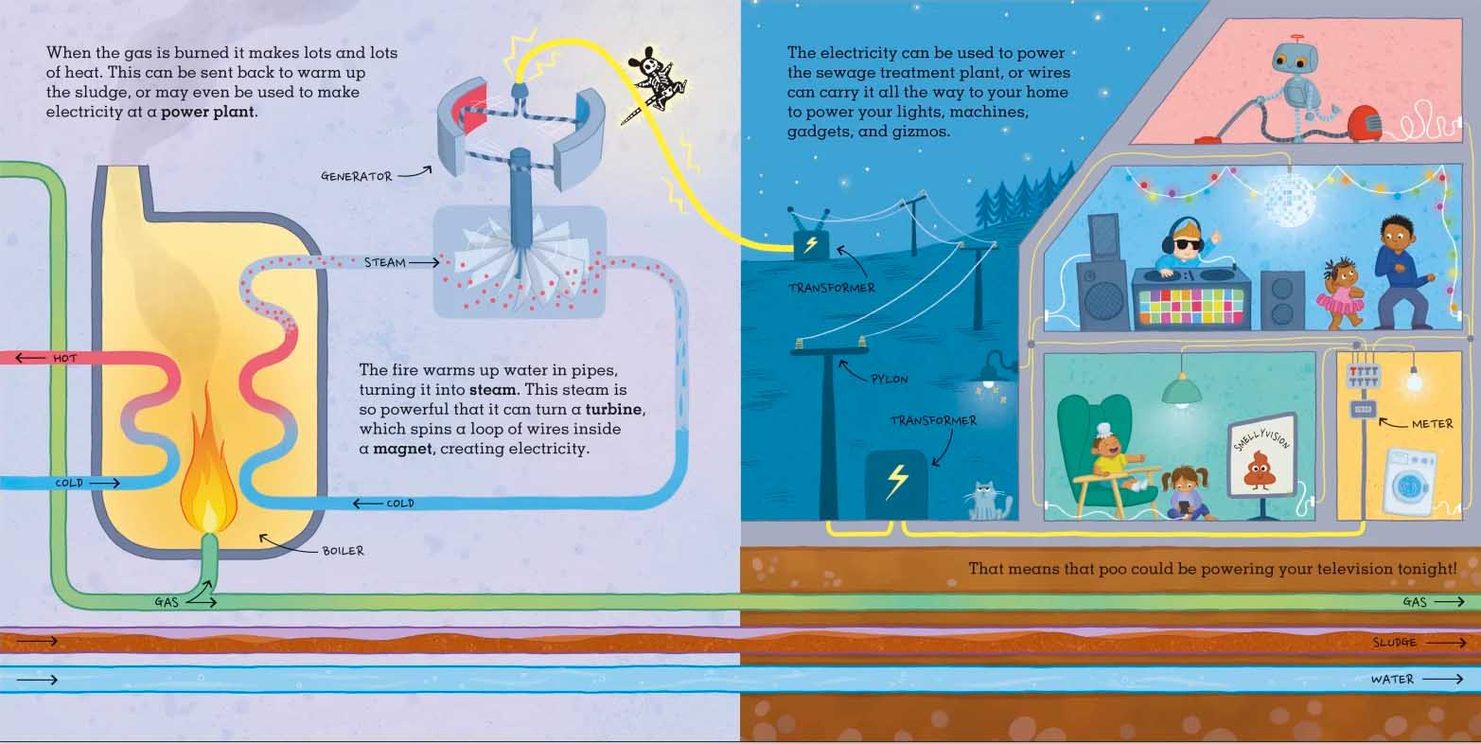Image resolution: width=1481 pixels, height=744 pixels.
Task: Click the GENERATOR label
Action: [357, 176]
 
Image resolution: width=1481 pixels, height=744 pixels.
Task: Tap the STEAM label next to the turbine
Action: [385, 262]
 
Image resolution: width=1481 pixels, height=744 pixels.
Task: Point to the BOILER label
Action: [344, 550]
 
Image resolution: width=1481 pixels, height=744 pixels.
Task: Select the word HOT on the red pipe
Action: [64, 358]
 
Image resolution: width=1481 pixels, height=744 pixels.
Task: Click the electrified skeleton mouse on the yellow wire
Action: [655, 82]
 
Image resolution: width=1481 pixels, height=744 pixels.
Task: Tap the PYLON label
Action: [890, 379]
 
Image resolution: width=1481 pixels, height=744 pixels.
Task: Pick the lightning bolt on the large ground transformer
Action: [897, 480]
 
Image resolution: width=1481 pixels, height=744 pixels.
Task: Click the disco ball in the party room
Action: [1289, 194]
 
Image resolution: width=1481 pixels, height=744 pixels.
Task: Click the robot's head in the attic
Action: [1296, 61]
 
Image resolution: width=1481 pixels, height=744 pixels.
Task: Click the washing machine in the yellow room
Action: [1410, 481]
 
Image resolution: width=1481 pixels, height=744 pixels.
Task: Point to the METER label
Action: [1432, 424]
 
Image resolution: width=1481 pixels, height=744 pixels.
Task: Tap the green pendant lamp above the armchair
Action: [1181, 391]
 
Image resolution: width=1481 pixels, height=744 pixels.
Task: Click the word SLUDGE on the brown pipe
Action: [1394, 642]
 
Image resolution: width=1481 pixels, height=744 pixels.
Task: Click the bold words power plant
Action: [207, 112]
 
